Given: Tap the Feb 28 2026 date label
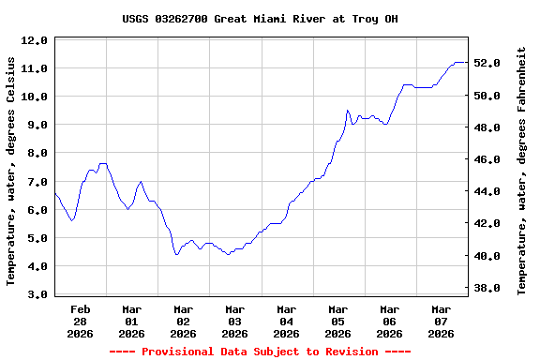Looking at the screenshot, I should pyautogui.click(x=81, y=321).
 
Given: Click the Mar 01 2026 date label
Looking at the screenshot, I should pyautogui.click(x=132, y=321).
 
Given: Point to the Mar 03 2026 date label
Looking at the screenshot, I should pyautogui.click(x=235, y=321).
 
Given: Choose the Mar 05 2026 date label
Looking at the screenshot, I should pyautogui.click(x=338, y=321).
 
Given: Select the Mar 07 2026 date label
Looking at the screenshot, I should pyautogui.click(x=442, y=321).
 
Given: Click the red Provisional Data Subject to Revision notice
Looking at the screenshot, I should pyautogui.click(x=260, y=352).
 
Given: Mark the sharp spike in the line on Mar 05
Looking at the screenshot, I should pyautogui.click(x=347, y=111).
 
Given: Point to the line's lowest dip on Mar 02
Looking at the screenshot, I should pyautogui.click(x=176, y=254).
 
